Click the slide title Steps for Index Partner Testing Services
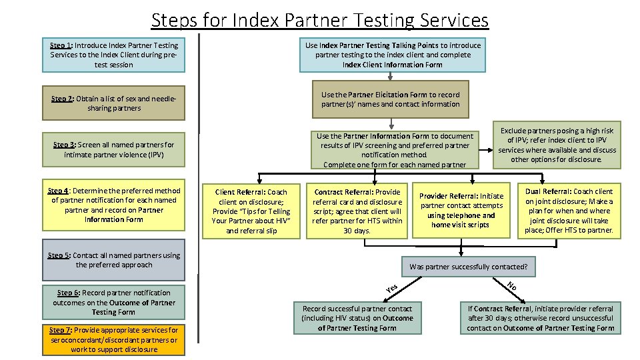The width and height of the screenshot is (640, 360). coord(319,20)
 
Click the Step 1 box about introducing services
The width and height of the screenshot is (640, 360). coord(113,55)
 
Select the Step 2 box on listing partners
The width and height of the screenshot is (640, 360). coord(113,103)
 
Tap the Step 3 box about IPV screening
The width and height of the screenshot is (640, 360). coord(113,150)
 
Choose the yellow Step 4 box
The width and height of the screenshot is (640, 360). coord(113,205)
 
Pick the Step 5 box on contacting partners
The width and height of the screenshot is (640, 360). coord(113,260)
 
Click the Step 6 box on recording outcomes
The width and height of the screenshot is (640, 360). coord(113,303)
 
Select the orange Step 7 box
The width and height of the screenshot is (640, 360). coord(113,340)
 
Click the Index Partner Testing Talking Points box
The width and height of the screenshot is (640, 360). coord(393,55)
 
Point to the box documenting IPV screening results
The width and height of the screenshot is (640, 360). coord(395,150)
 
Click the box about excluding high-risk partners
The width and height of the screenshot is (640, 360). coord(557,145)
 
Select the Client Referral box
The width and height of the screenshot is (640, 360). coord(251,211)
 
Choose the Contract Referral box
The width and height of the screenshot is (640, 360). coord(357,211)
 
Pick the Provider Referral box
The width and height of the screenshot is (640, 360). coord(461,211)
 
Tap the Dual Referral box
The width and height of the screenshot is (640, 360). coord(569,211)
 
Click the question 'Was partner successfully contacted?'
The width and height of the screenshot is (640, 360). coord(468,267)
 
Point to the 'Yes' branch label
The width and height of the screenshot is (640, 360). coord(392,289)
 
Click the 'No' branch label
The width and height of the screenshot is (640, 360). coord(511,287)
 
